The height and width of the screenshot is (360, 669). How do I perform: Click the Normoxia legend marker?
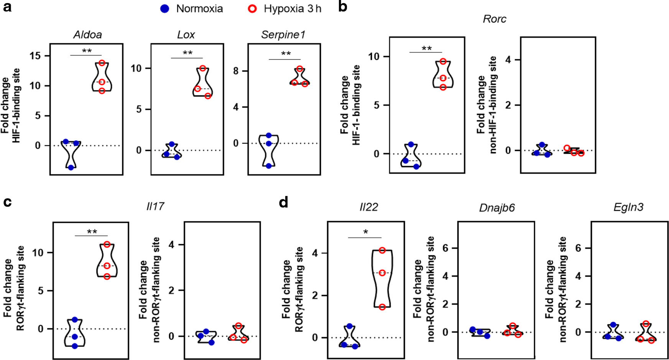point(164,9)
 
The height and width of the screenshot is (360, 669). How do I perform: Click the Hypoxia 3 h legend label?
point(292,9)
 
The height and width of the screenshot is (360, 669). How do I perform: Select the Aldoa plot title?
point(87,35)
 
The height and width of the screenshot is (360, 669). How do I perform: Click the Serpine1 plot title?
point(283,35)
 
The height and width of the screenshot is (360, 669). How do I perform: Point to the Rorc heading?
point(494,19)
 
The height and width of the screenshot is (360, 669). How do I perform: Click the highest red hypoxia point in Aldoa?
point(102,63)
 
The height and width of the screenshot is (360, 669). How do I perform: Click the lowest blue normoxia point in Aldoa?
point(71,167)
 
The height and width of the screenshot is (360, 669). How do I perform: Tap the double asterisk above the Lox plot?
point(187,53)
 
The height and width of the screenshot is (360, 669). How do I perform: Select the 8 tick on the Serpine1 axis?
point(236,71)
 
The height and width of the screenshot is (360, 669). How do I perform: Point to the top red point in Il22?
point(382,250)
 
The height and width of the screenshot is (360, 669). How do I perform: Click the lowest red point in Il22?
point(382,307)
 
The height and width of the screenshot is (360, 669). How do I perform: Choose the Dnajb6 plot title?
point(496,208)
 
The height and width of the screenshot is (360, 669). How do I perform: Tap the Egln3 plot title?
point(628,207)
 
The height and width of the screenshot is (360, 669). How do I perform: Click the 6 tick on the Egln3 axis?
point(578,248)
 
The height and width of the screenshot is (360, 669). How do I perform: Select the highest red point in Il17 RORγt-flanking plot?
point(107,244)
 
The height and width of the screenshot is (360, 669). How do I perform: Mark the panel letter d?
point(283,202)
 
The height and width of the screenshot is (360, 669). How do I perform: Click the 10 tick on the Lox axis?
point(136,69)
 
